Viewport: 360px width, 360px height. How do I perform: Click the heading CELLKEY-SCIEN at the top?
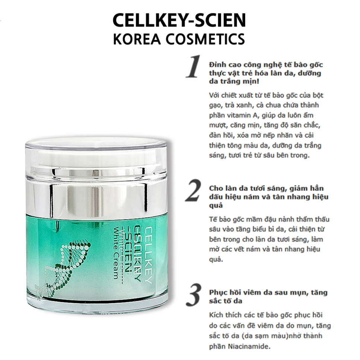coord(179,20)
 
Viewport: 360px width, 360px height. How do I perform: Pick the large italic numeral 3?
coord(194,294)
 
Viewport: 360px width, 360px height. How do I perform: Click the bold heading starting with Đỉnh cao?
coord(266,73)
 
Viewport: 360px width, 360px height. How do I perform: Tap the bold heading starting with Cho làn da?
coord(269,196)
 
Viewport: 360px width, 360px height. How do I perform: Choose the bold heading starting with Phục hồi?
coord(268,296)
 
